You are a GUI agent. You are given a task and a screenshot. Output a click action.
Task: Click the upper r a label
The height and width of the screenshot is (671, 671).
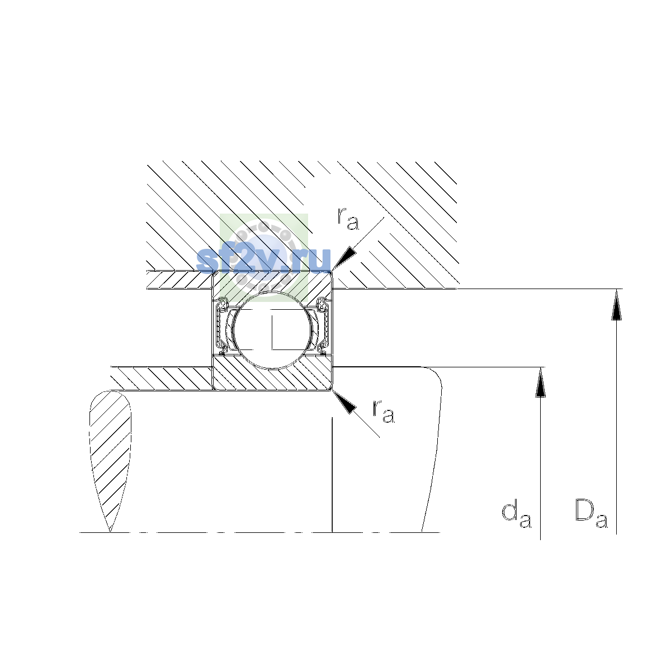(x=347, y=218)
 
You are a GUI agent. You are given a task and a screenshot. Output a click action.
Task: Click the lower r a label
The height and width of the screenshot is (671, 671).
(x=384, y=411)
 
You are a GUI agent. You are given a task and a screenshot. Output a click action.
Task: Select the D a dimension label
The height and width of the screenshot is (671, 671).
(x=591, y=519)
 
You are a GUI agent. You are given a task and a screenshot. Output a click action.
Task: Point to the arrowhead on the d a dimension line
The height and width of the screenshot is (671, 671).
(x=540, y=382)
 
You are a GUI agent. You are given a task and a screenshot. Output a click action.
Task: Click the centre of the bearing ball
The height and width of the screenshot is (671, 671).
(x=272, y=330)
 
